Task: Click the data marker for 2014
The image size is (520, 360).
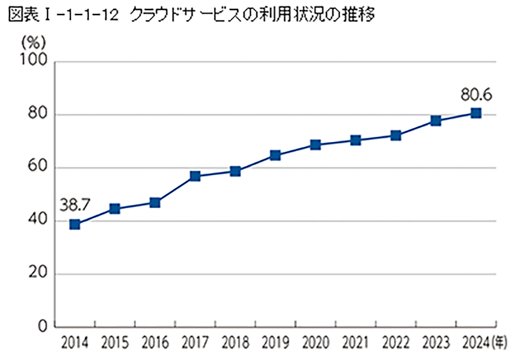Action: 74,224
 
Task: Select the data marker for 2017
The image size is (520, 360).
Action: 195,176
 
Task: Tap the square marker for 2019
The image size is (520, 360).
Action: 275,155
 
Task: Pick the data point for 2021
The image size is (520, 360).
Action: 356,140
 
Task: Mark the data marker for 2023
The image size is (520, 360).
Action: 436,121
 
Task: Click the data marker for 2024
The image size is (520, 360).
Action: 476,113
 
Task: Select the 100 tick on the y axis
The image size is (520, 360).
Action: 34,62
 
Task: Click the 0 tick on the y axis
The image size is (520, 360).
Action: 42,327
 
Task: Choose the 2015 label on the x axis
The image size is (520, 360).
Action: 114,344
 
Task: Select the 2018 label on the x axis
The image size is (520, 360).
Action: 235,344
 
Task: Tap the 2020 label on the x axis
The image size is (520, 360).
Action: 315,344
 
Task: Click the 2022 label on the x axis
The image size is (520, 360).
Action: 396,344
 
